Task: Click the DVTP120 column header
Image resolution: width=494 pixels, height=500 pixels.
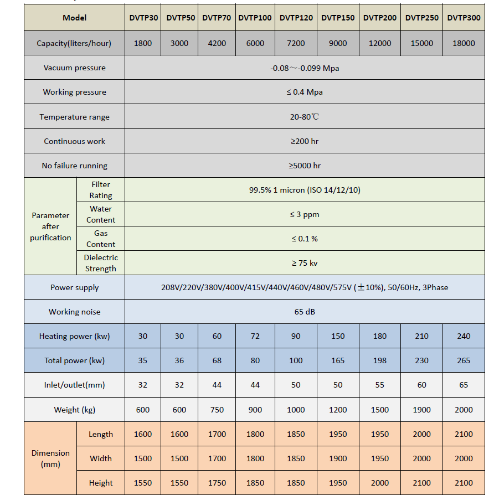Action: coord(296,18)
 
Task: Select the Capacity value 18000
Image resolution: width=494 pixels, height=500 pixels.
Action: coord(464,43)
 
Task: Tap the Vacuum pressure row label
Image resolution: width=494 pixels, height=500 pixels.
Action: coord(74,68)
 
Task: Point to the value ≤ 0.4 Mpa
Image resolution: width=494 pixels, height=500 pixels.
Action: coord(305,92)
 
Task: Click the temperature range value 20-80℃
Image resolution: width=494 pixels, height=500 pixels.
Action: coord(305,117)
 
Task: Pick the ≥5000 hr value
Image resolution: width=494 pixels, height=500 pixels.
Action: coord(305,166)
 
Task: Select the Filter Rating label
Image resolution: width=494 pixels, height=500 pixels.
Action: coord(101,190)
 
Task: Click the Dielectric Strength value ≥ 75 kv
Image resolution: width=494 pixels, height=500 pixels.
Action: coord(305,263)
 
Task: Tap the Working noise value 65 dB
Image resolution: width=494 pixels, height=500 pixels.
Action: coord(305,312)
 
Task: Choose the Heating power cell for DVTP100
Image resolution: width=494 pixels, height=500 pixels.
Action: coord(255,336)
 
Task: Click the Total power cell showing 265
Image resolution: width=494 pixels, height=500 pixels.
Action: coord(464,360)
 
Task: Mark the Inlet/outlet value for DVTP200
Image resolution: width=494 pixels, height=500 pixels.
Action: coord(379,385)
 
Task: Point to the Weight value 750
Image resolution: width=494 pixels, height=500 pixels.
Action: coord(217,410)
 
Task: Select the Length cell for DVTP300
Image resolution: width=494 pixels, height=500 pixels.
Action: coord(464,434)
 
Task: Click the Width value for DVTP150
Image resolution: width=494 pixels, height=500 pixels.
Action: coord(338,458)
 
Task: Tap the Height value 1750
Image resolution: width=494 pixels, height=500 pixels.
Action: coord(217,483)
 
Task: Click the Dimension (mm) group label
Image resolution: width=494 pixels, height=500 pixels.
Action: coord(50,458)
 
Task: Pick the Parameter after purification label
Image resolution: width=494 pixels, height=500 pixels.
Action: coord(50,226)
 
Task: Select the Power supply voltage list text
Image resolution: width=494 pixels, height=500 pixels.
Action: coord(305,287)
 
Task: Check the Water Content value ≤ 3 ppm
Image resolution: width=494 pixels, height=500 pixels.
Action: coord(305,214)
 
